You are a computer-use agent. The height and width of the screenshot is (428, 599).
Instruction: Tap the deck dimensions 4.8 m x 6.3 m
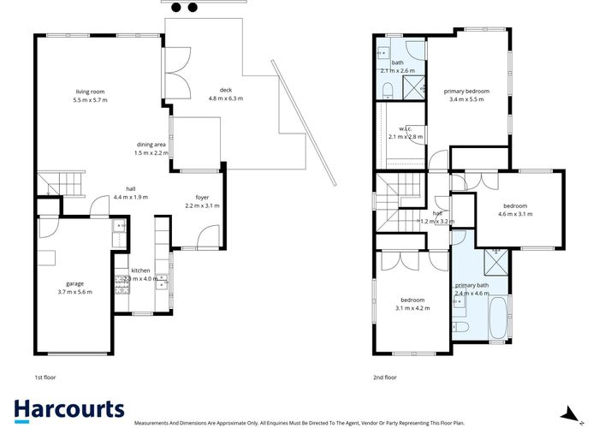pos(226,98)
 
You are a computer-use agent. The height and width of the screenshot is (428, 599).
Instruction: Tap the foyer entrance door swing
pos(207,239)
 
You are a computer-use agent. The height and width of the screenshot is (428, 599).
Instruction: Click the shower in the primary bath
pos(495,259)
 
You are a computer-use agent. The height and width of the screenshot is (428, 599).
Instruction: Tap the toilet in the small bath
pos(386,90)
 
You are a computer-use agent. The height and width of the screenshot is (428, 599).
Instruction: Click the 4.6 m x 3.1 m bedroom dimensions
pos(518,214)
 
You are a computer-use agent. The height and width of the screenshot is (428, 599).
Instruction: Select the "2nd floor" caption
pos(385,377)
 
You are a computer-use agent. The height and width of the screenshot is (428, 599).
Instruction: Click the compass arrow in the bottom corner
pos(564,411)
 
